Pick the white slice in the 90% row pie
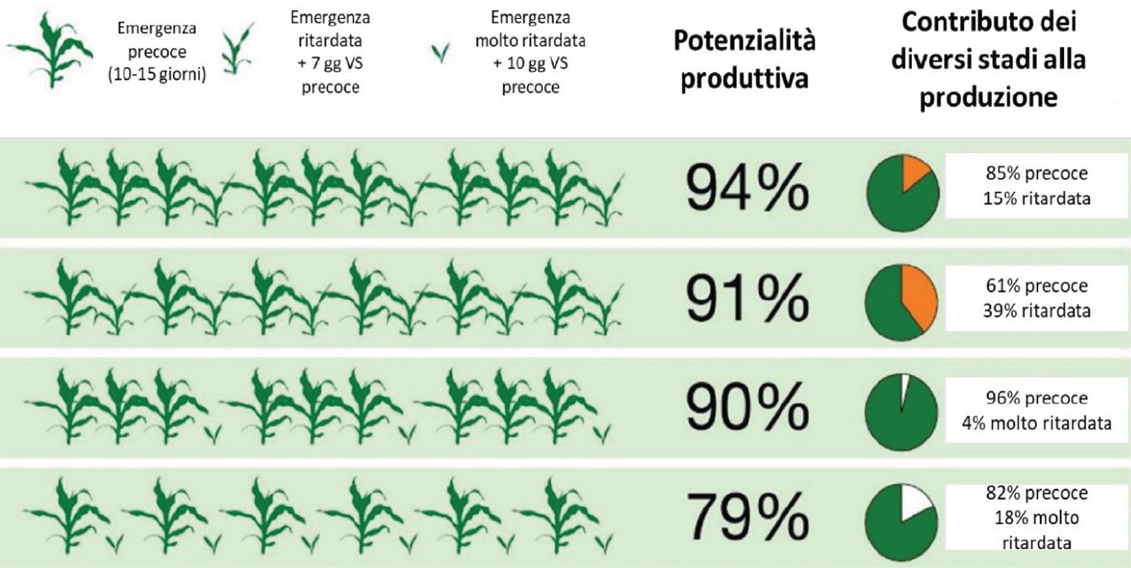tap(905, 389)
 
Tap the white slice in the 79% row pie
tap(917, 502)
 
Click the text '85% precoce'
tap(1037, 174)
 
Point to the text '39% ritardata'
tap(1037, 311)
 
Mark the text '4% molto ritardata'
tap(1037, 422)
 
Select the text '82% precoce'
tap(1037, 494)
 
